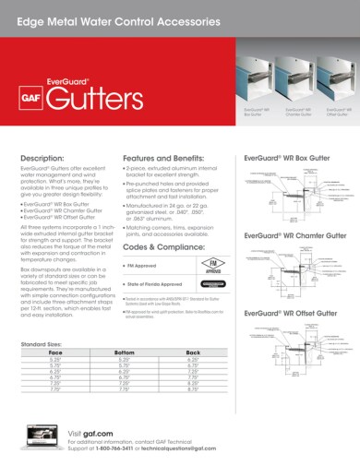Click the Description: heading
pyautogui.click(x=42, y=159)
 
